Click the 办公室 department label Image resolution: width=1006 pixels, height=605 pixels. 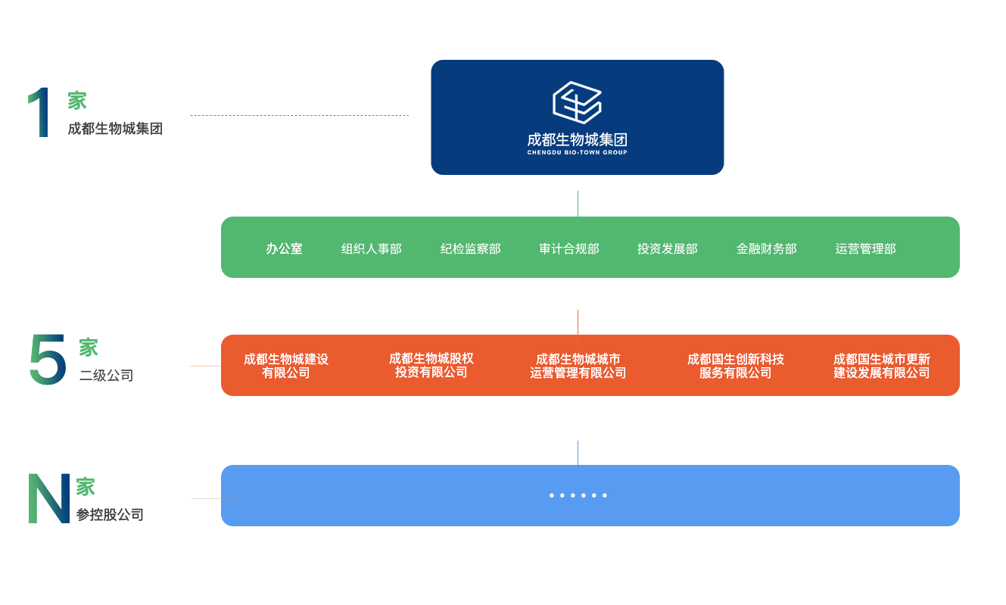[284, 248]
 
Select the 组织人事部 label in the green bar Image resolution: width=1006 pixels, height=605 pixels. [371, 248]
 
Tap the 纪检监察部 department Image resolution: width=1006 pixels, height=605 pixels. [470, 248]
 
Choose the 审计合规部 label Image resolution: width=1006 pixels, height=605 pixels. [568, 248]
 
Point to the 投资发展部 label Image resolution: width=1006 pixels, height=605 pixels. [667, 248]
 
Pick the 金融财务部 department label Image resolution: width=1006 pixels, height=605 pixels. [766, 248]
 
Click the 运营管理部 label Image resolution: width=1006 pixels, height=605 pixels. [865, 248]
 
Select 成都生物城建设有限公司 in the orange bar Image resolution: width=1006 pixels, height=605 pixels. [286, 366]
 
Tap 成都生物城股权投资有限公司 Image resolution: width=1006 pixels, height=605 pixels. [431, 365]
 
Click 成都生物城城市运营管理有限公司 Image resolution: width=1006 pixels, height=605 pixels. [578, 366]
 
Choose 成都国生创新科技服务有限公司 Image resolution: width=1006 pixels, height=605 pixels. [735, 366]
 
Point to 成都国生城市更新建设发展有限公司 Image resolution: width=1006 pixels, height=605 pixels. [881, 366]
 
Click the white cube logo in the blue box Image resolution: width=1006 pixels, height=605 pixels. [577, 102]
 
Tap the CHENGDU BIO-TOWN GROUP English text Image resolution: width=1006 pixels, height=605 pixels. [577, 152]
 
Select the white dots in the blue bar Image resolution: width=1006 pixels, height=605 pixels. [578, 495]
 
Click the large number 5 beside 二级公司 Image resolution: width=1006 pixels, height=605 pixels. [48, 360]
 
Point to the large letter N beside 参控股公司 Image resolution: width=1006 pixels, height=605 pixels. [48, 497]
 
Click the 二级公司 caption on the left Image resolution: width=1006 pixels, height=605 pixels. [106, 375]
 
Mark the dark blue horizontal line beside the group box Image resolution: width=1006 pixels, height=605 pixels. [299, 115]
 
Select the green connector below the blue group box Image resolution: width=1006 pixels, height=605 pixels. [578, 202]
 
